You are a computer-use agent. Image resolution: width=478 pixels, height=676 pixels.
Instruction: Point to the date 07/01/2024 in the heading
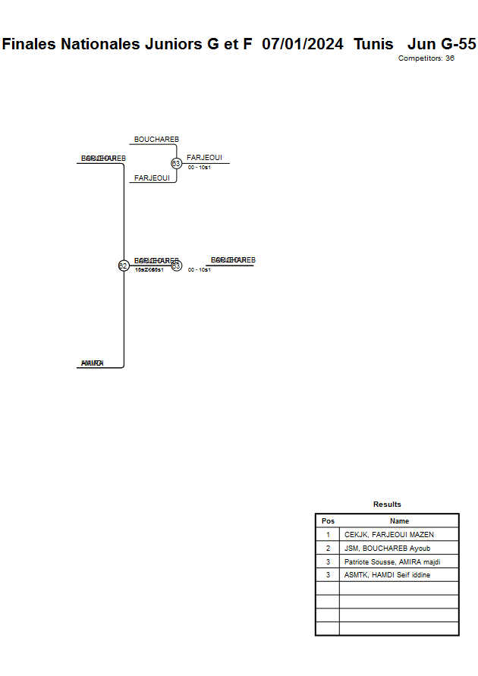303,44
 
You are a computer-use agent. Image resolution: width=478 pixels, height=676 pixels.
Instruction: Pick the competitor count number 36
450,58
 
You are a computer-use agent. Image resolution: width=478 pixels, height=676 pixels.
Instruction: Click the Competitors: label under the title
420,58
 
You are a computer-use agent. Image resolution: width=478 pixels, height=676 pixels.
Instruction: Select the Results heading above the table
387,505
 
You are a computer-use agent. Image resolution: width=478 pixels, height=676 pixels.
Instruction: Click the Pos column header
328,521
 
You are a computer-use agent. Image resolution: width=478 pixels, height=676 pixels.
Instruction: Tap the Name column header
399,521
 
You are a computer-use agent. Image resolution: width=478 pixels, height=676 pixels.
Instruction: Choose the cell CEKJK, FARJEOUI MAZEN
389,535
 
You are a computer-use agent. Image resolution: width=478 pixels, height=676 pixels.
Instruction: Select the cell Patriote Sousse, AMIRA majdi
392,561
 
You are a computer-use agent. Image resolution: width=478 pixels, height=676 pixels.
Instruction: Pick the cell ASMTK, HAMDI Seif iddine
387,575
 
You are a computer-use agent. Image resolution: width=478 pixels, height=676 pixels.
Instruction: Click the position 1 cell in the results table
328,535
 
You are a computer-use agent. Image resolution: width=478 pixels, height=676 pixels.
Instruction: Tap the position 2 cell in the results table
328,548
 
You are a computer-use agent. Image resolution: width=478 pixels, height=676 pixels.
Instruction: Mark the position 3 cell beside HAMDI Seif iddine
328,575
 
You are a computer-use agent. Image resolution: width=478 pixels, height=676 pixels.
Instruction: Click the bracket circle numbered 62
123,266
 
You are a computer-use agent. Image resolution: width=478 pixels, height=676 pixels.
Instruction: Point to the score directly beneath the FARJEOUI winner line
199,168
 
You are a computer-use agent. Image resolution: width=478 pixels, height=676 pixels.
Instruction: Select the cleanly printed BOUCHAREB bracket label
156,140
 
